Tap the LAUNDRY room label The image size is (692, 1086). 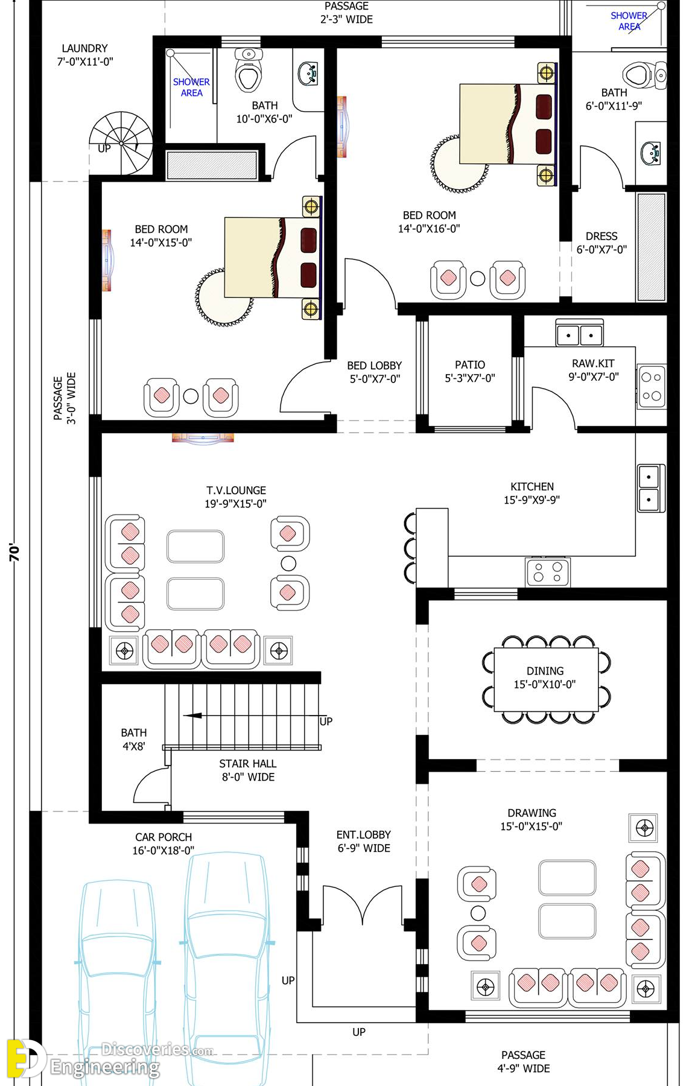pos(85,48)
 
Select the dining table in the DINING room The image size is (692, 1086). pos(546,679)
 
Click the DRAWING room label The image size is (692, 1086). pos(532,813)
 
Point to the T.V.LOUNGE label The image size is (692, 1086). pos(236,491)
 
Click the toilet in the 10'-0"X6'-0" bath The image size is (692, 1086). pos(249,69)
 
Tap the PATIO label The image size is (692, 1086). pos(470,364)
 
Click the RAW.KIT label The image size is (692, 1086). pos(593,363)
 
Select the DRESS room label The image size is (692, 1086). pos(602,236)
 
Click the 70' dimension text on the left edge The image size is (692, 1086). pos(14,552)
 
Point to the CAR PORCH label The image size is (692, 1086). pos(163,837)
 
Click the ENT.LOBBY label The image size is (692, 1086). pos(364,834)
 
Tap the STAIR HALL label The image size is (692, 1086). pos(248,763)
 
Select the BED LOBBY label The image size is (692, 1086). pos(374,366)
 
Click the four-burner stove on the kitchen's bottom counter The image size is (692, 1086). pos(548,571)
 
